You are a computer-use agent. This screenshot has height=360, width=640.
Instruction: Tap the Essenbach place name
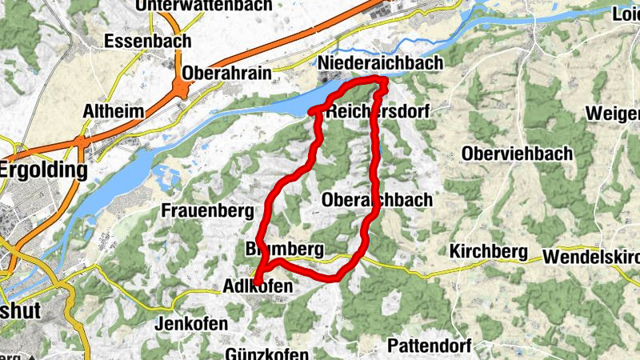(x=149, y=41)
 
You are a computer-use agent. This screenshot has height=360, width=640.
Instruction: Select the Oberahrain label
(x=229, y=72)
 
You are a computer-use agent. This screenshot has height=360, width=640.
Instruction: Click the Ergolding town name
(x=43, y=170)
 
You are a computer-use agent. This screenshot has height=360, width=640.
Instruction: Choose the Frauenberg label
(x=207, y=211)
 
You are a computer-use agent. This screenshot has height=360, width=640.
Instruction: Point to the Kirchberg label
(x=489, y=252)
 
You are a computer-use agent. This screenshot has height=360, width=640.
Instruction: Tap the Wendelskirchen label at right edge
(x=591, y=258)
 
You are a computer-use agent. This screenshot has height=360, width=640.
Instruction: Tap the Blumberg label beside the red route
(x=285, y=249)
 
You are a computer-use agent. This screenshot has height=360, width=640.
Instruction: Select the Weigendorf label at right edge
(x=613, y=113)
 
